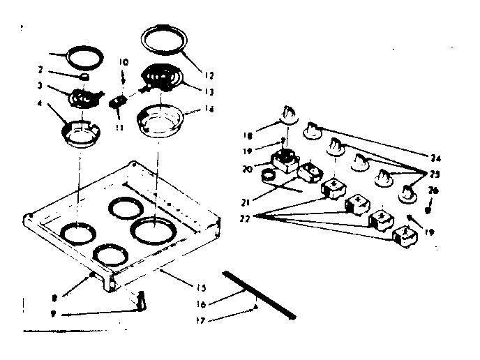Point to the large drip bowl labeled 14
[x=159, y=119]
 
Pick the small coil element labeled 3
[x=83, y=98]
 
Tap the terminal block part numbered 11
[x=119, y=102]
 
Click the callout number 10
[x=123, y=62]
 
